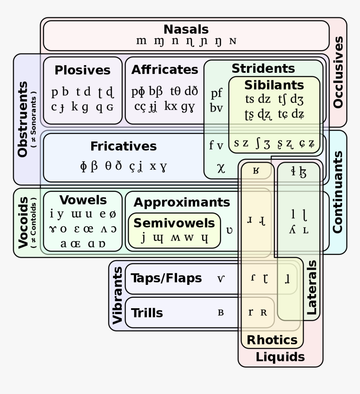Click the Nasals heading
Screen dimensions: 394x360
[x=186, y=29]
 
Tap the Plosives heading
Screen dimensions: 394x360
[x=82, y=70]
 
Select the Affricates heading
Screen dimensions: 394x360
[x=165, y=69]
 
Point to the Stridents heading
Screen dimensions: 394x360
[x=263, y=68]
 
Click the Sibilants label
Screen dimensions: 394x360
[x=274, y=85]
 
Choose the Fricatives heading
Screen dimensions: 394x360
[x=123, y=146]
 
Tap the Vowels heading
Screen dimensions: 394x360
[x=83, y=200]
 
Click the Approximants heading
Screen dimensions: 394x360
[x=182, y=202]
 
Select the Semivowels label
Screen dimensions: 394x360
[x=174, y=223]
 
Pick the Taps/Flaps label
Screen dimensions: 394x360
[x=166, y=278]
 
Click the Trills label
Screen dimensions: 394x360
[x=147, y=312]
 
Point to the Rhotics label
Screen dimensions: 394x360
[x=272, y=340]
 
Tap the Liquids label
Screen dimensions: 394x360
[x=280, y=357]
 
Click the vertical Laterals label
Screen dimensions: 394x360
[x=311, y=288]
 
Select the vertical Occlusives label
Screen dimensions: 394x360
[x=338, y=72]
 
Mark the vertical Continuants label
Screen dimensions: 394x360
[x=337, y=192]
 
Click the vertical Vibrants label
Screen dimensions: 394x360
[x=117, y=295]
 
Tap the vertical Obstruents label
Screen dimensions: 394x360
[x=23, y=119]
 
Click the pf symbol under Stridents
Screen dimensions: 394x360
[x=216, y=93]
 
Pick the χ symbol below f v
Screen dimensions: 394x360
[x=221, y=168]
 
